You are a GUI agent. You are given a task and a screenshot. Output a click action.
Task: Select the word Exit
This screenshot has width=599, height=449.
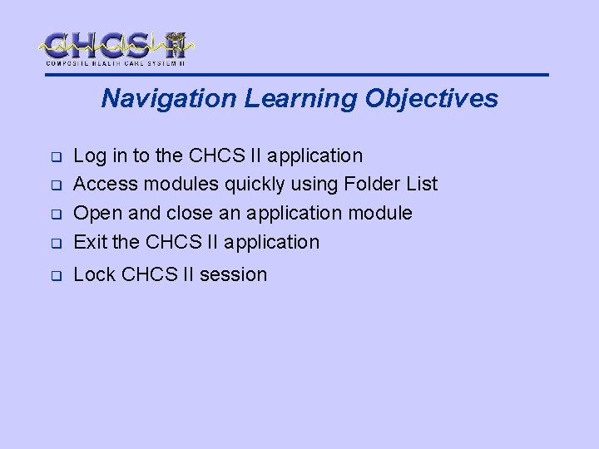[88, 242]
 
